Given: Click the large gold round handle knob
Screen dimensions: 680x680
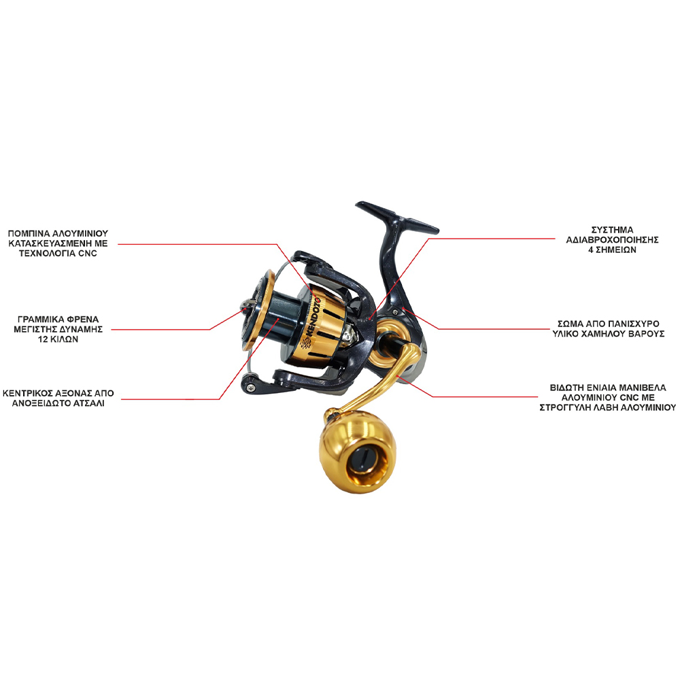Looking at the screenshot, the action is (x=357, y=458).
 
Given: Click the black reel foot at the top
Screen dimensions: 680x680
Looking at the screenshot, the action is (x=397, y=217).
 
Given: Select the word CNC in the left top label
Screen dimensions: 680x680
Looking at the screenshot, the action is (x=88, y=254).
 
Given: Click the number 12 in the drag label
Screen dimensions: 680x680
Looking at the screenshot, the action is (x=42, y=339).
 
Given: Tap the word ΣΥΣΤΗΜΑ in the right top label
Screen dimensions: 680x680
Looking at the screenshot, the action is (x=613, y=230).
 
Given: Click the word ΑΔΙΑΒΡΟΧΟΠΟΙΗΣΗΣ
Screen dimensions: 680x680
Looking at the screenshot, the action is (x=613, y=240).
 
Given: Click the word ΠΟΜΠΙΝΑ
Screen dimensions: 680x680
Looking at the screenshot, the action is (x=29, y=234).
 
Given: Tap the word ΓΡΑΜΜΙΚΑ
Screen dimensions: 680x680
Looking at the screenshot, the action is (x=37, y=319).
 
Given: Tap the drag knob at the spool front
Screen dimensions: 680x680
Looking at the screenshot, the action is (x=247, y=305).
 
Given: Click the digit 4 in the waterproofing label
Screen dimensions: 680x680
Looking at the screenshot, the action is (x=590, y=250).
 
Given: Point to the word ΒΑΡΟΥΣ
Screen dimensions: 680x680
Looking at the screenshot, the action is (x=646, y=334).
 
